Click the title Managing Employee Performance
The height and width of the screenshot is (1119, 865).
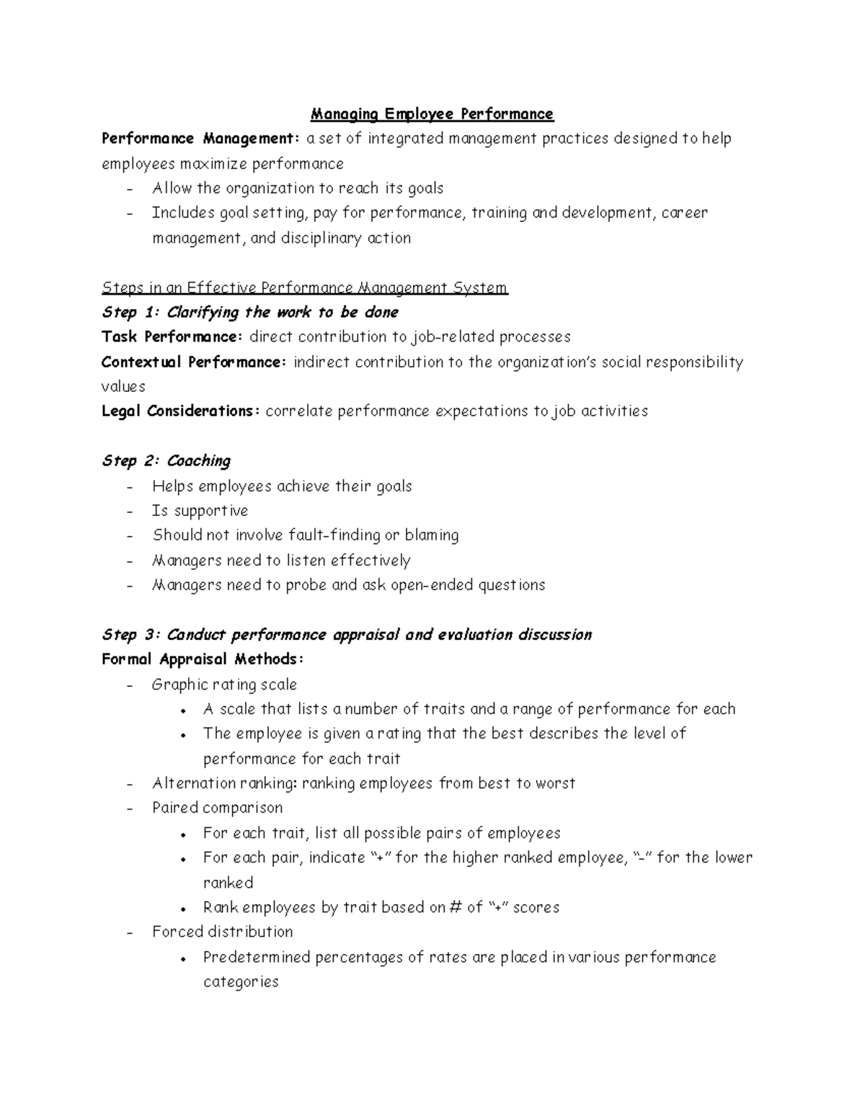[x=432, y=114]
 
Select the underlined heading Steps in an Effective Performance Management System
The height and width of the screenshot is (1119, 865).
[x=305, y=288]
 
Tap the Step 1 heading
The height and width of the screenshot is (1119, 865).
[x=250, y=313]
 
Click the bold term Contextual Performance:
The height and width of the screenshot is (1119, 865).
[x=195, y=362]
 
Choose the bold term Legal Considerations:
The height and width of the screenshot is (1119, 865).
[x=181, y=411]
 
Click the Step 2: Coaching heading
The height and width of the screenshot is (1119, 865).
[x=167, y=461]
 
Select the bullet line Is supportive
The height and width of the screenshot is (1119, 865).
[x=200, y=511]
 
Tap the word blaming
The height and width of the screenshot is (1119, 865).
[x=431, y=535]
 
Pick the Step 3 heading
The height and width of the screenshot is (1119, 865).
[x=347, y=635]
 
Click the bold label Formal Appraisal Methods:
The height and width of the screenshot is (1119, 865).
[x=203, y=659]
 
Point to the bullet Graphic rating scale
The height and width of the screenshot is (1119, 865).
[x=224, y=685]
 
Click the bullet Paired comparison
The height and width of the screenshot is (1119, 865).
[x=217, y=808]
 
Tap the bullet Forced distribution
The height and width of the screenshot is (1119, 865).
[x=222, y=932]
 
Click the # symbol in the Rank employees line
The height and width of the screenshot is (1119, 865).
[x=454, y=908]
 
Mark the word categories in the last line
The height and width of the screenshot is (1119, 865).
[x=241, y=982]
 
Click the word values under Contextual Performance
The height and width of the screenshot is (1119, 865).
[x=123, y=387]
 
